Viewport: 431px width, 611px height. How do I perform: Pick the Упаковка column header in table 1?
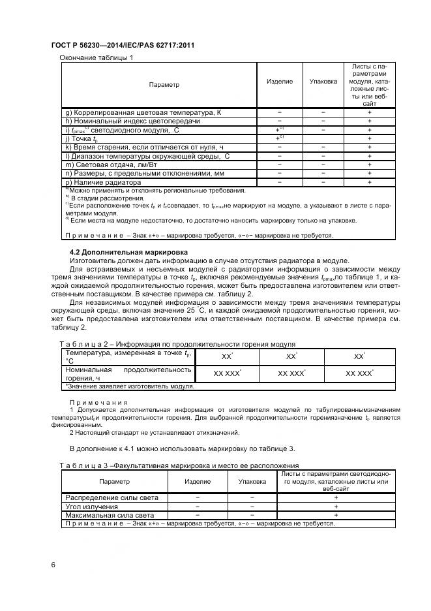(x=323, y=82)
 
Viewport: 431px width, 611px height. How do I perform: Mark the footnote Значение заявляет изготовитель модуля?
(x=129, y=386)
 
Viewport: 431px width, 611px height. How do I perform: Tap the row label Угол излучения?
(x=91, y=507)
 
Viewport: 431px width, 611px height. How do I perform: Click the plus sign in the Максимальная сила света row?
(x=336, y=515)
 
